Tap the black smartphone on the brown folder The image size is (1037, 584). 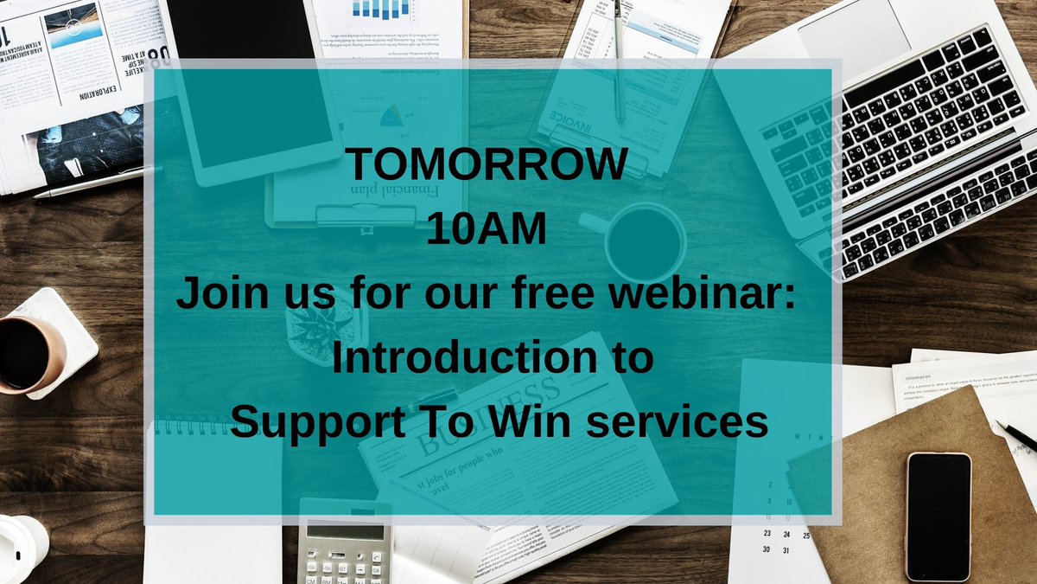938,516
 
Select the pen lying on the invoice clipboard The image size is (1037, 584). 617,61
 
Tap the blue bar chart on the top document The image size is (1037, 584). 381,9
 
